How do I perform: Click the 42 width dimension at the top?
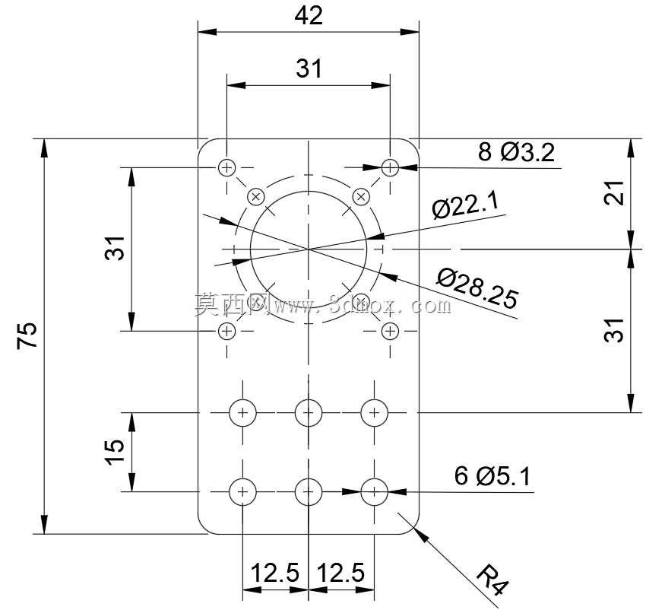[309, 16]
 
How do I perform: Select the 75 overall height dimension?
[27, 335]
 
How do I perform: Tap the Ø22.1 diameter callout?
[466, 205]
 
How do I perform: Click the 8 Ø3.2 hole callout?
[516, 152]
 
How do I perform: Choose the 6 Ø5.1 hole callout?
[492, 476]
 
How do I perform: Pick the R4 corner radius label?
[492, 580]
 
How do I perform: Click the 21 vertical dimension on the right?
[614, 192]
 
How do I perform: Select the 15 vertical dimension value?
[114, 452]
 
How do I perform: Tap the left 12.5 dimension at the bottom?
[275, 573]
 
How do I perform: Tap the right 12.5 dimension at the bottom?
[341, 573]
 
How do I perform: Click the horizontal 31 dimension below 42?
[309, 68]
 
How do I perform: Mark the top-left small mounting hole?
[226, 168]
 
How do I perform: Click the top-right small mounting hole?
[390, 168]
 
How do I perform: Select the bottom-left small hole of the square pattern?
[226, 331]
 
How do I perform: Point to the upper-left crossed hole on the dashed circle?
[256, 197]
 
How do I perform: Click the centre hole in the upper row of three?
[309, 412]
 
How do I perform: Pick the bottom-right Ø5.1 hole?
[374, 492]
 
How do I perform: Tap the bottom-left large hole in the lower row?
[242, 492]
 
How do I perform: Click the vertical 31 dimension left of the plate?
[115, 248]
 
